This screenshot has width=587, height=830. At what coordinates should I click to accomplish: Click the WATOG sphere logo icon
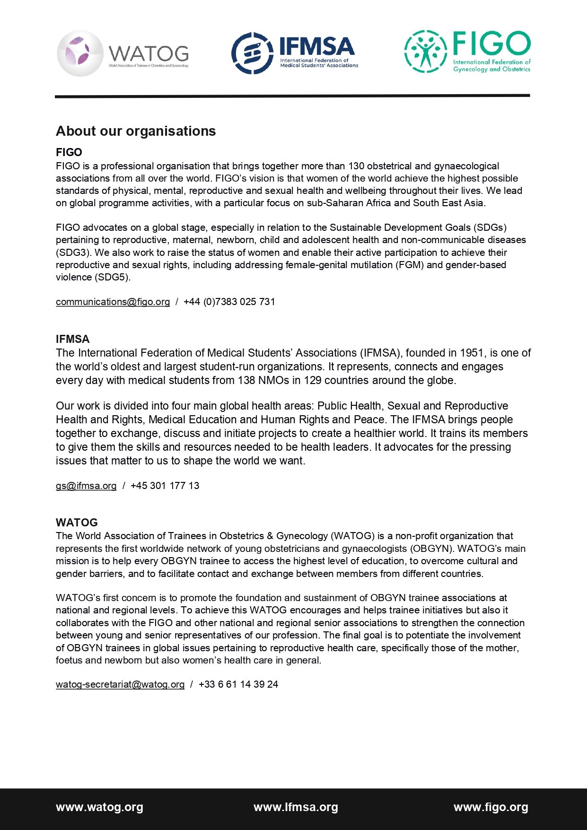pyautogui.click(x=80, y=53)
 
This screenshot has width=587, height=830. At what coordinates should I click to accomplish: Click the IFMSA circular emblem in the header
pyautogui.click(x=252, y=53)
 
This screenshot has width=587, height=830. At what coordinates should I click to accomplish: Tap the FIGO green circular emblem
pyautogui.click(x=425, y=51)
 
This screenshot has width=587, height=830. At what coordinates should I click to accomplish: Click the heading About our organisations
pyautogui.click(x=136, y=131)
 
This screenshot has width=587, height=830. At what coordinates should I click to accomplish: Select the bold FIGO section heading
pyautogui.click(x=69, y=152)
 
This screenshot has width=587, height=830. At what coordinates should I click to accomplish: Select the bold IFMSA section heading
pyautogui.click(x=72, y=339)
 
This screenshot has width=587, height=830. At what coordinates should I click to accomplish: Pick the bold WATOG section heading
pyautogui.click(x=77, y=523)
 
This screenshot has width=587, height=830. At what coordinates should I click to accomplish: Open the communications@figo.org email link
pyautogui.click(x=113, y=302)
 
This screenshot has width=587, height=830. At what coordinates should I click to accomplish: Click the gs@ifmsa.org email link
pyautogui.click(x=86, y=486)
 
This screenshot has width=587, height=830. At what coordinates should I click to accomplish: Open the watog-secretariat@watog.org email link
pyautogui.click(x=120, y=684)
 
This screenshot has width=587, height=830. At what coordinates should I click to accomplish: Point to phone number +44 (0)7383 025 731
pyautogui.click(x=229, y=302)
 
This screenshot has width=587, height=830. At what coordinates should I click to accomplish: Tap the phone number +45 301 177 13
pyautogui.click(x=165, y=486)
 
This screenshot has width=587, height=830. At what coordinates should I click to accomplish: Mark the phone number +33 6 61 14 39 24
pyautogui.click(x=238, y=684)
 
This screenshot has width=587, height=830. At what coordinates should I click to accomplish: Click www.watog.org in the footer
pyautogui.click(x=99, y=807)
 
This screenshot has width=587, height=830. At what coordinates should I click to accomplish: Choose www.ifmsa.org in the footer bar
pyautogui.click(x=296, y=807)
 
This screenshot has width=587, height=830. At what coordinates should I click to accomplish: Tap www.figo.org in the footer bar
pyautogui.click(x=491, y=807)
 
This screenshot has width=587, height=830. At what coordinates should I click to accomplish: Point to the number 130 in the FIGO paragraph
pyautogui.click(x=357, y=166)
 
